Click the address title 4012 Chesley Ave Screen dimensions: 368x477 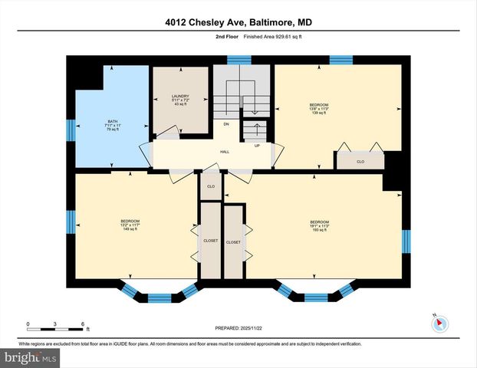(238, 22)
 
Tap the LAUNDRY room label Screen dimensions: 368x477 (180, 100)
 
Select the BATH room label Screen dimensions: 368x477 (113, 126)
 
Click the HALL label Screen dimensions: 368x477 (225, 152)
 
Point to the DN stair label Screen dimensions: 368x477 (226, 123)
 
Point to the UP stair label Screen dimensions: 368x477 (257, 145)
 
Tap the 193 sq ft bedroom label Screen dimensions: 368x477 (319, 225)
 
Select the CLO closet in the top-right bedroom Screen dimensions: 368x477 (360, 162)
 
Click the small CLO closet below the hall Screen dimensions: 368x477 (211, 186)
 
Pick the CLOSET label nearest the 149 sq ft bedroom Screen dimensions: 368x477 (210, 241)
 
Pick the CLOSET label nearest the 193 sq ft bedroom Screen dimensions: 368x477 (234, 242)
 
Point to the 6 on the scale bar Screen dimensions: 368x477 (82, 324)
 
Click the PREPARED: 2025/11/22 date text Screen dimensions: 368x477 (238, 327)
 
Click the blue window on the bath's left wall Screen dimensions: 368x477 (70, 130)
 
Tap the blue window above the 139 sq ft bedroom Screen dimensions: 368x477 (340, 59)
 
